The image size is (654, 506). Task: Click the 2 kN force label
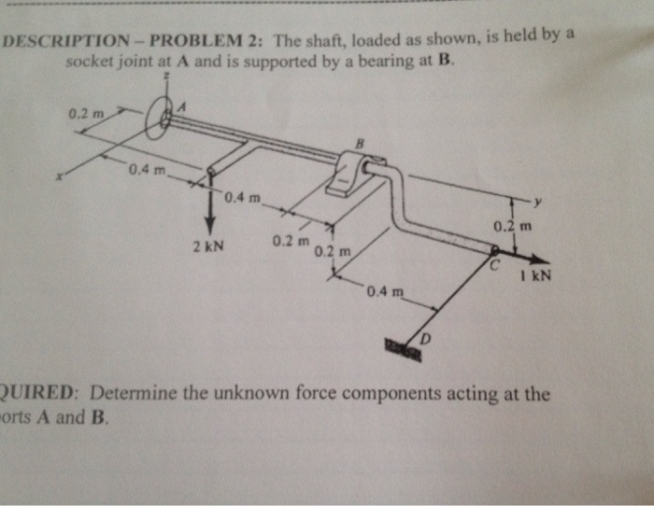coord(206,247)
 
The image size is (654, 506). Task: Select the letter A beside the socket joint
coord(183,107)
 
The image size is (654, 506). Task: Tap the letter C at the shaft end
coord(499,267)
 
